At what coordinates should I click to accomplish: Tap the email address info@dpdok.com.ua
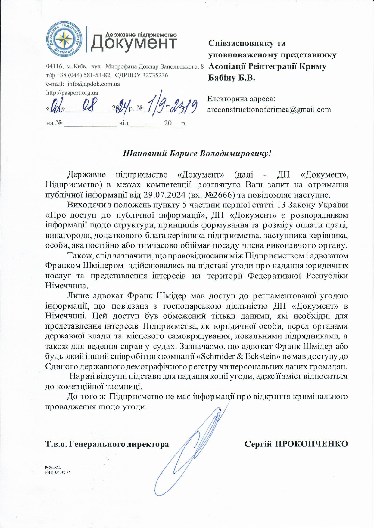(x=93, y=84)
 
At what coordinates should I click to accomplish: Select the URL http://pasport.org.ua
(x=72, y=93)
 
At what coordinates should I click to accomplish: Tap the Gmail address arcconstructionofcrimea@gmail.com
(x=269, y=109)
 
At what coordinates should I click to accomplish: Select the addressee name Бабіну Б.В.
(x=232, y=78)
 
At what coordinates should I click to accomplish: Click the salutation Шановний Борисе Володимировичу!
(x=197, y=154)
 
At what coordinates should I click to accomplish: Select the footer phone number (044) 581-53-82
(x=58, y=472)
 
